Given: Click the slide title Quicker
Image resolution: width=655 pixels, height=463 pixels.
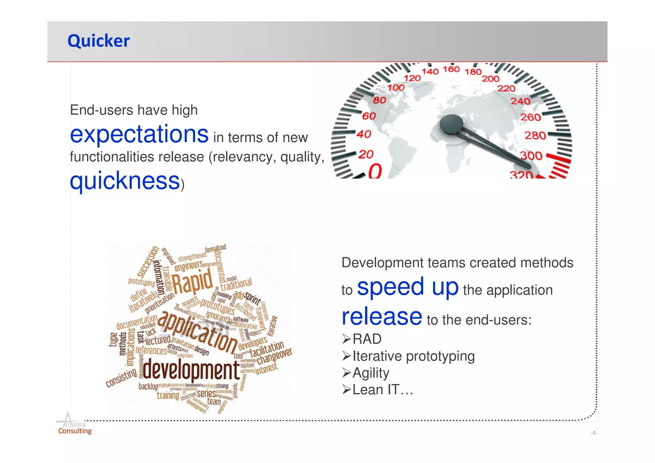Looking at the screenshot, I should (x=99, y=41).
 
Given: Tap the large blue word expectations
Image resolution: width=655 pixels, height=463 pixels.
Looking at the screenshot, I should (x=139, y=134).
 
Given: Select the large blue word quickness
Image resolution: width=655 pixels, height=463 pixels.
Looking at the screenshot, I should (x=125, y=181).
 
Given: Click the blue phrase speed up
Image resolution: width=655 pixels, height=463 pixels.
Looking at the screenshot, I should (x=407, y=287).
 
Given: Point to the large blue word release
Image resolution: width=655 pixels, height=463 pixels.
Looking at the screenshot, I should (x=382, y=316).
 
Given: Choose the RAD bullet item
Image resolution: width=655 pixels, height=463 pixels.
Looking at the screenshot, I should (x=367, y=339).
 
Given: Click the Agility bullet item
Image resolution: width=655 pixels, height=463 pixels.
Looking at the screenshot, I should (x=371, y=373).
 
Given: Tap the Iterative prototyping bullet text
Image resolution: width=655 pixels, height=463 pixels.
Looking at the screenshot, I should (x=413, y=356).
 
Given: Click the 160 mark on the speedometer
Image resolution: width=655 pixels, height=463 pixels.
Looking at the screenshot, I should (x=451, y=69).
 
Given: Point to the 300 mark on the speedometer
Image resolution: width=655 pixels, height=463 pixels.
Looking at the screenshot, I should (x=531, y=156).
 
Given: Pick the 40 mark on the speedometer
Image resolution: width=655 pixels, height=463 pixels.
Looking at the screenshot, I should (x=364, y=134).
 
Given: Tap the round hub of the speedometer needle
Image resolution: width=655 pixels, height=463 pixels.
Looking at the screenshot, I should (x=451, y=124).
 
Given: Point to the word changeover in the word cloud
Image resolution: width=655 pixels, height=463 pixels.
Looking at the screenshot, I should (x=274, y=356).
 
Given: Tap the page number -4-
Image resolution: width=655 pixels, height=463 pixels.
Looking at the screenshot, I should (x=594, y=433).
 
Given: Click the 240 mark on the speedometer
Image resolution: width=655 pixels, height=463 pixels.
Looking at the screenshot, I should (x=520, y=101).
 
